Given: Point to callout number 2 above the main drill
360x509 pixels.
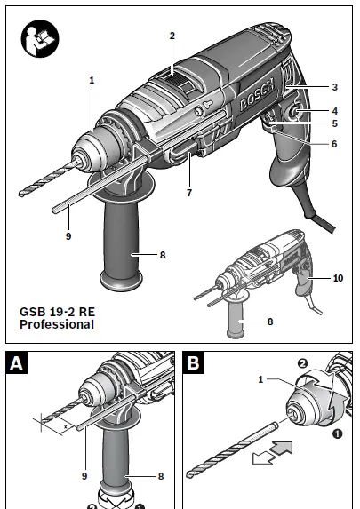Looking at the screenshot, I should (x=172, y=36).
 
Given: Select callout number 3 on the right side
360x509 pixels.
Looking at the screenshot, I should (x=334, y=88).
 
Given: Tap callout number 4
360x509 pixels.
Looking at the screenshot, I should (x=334, y=110).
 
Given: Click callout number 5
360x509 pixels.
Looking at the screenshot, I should (x=334, y=123).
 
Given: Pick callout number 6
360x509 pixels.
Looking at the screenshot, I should (x=334, y=144).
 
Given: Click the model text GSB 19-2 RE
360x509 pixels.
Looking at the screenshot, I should (x=59, y=313).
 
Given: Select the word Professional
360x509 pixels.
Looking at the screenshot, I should (x=57, y=326).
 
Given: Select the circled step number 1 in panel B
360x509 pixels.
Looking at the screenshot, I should (x=336, y=435).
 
